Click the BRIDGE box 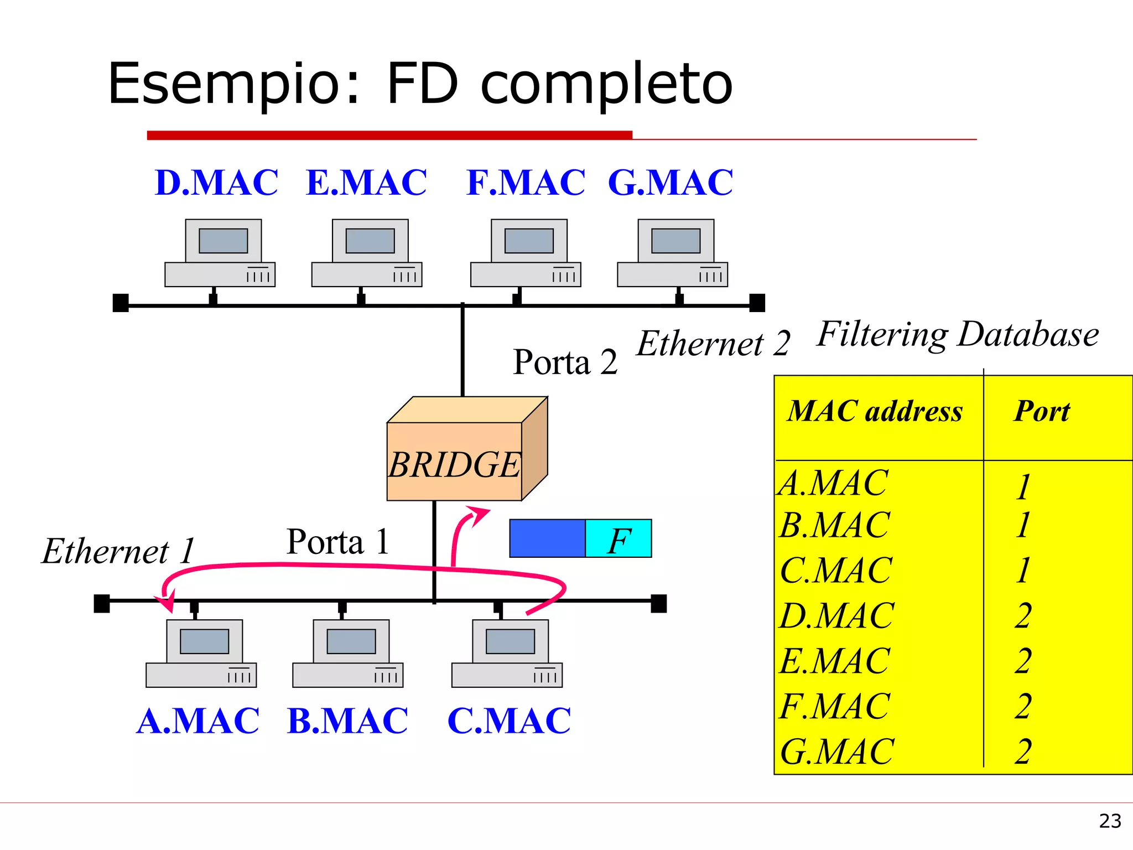coord(455,462)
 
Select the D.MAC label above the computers coord(216,183)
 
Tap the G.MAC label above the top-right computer coord(670,183)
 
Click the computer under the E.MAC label coord(367,253)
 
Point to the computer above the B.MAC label coord(348,654)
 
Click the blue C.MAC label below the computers coord(508,721)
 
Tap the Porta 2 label coord(564,362)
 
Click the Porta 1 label coord(337,542)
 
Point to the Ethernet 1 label coord(118,552)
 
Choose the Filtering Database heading coord(958,335)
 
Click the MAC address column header coord(875,412)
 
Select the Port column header coord(1042,412)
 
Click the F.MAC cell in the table coord(834,707)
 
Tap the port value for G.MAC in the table coord(1023,752)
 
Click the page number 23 coord(1110,821)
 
